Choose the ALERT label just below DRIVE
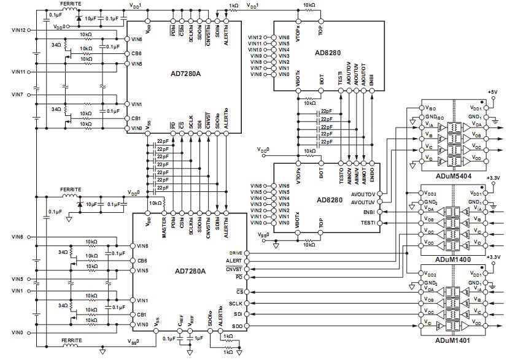coord(234,260)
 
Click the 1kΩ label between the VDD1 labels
coord(233,5)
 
